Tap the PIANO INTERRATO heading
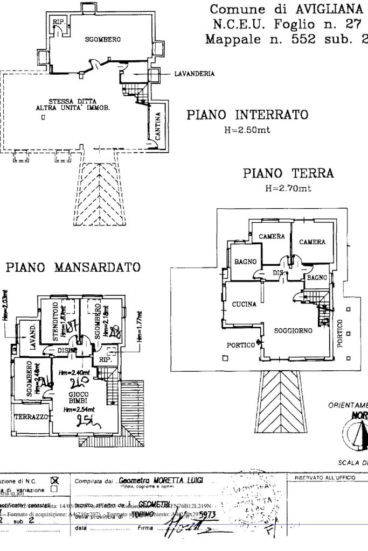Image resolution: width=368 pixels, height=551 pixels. click(x=247, y=115)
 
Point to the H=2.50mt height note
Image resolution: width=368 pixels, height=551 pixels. click(x=247, y=130)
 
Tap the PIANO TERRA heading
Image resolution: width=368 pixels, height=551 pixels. click(x=288, y=173)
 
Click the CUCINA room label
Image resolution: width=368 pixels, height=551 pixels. click(x=244, y=305)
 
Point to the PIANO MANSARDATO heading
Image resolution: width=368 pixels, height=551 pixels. click(x=74, y=267)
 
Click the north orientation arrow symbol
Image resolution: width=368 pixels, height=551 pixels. click(x=360, y=430)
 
